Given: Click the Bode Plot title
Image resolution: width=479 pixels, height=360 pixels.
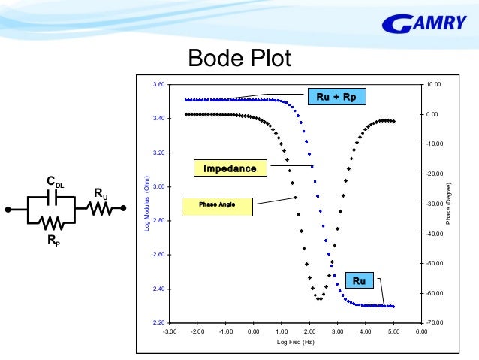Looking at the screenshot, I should [x=239, y=58].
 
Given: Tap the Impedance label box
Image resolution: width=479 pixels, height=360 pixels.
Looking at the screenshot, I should [x=230, y=168].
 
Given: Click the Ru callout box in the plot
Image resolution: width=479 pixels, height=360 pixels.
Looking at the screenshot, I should [x=359, y=280].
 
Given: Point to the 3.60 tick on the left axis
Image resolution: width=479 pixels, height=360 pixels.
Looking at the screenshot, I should [x=158, y=85].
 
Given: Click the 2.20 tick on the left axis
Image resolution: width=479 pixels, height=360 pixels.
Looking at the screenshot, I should [x=158, y=323].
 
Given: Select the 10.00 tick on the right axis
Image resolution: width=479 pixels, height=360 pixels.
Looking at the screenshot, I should [x=433, y=85].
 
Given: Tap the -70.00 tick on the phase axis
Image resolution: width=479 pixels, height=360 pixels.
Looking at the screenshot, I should [x=433, y=323].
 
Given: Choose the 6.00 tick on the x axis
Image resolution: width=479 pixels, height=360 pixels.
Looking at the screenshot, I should [x=421, y=331].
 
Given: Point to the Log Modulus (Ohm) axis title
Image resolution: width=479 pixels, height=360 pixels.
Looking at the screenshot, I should [x=147, y=204].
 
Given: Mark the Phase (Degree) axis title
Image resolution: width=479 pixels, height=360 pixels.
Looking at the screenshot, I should [x=449, y=204].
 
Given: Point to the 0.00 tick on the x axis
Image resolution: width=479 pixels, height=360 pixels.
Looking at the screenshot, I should [x=253, y=331].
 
